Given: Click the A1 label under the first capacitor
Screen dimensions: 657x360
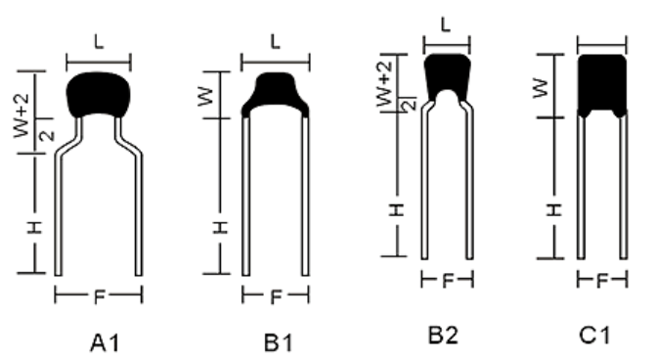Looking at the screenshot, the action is pos(105,342).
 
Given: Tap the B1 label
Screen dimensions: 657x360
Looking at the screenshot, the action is pos(279,342).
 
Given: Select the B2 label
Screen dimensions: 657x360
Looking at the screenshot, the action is pos(443,336).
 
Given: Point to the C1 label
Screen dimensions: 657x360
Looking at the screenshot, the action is pos(594,336).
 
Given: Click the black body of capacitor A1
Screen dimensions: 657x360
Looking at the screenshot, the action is pos(99,94).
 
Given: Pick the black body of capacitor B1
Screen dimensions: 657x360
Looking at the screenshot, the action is pos(276,93).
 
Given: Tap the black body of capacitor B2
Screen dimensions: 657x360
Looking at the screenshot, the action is pos(447,75).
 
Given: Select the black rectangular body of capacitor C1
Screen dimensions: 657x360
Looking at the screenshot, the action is pos(602,84).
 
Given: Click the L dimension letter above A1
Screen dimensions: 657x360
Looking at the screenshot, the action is pos(99,42).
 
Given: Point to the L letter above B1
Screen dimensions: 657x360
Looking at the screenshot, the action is pos(276,42).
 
